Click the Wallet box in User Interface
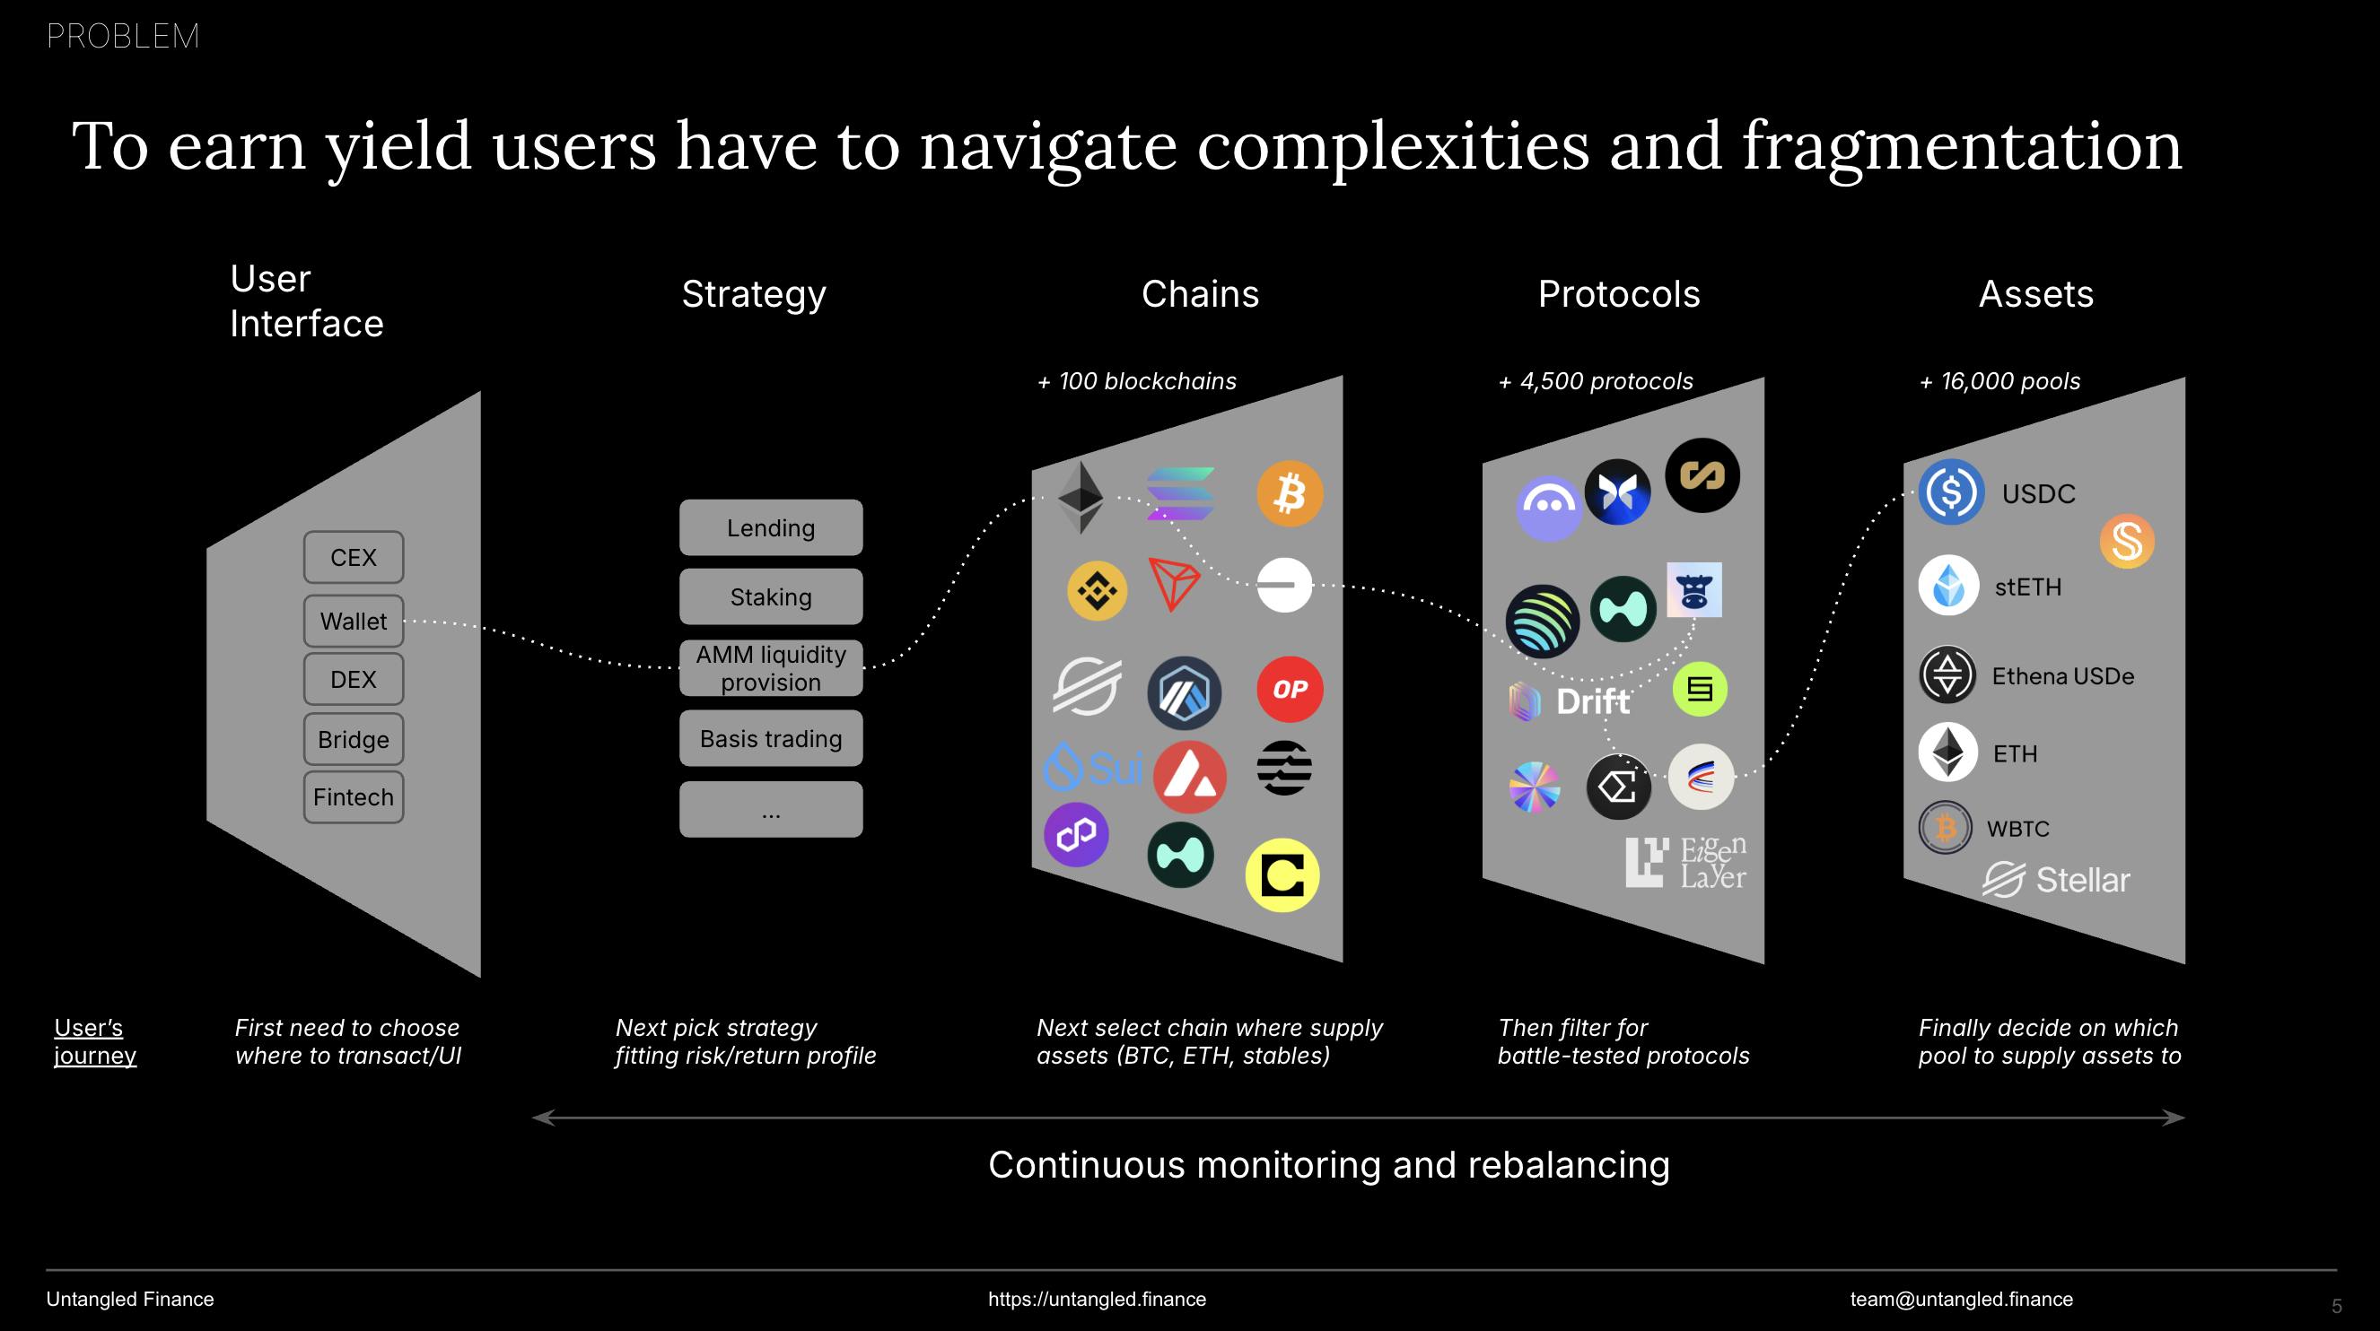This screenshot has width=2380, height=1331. [x=353, y=621]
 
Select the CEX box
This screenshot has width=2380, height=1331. [x=353, y=557]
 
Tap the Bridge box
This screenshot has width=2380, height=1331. [x=353, y=739]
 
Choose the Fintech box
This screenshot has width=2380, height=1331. [x=353, y=796]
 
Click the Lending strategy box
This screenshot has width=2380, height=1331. [x=771, y=527]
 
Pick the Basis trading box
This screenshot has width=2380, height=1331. [x=771, y=738]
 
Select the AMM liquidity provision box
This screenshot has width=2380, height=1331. [x=771, y=668]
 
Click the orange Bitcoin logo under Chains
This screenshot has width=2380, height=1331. [x=1290, y=493]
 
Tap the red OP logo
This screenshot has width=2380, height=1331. [x=1290, y=689]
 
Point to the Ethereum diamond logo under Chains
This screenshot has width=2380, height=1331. [x=1080, y=497]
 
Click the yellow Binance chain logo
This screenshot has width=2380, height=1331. [x=1097, y=590]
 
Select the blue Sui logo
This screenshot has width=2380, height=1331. [x=1093, y=767]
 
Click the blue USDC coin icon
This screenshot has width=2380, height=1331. [x=1951, y=492]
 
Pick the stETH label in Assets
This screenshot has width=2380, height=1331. [x=2027, y=587]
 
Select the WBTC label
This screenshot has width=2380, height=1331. [x=2017, y=829]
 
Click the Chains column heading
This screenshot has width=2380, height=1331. [x=1199, y=293]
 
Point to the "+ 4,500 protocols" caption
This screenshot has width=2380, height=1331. [x=1596, y=381]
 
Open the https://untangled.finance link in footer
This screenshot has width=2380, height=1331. [x=1097, y=1299]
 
